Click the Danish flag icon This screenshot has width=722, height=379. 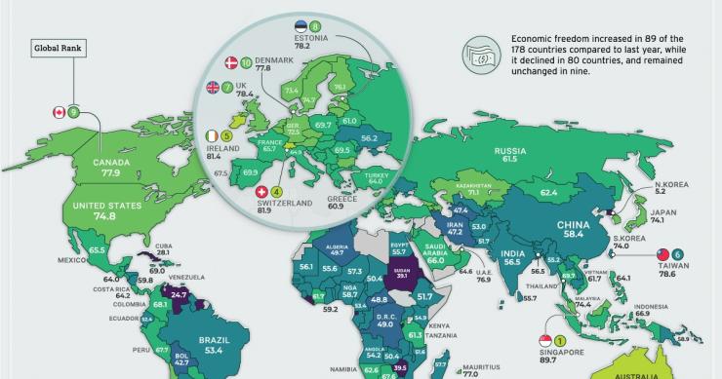tap(232, 63)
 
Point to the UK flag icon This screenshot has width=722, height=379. tap(214, 88)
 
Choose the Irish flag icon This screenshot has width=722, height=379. tap(213, 136)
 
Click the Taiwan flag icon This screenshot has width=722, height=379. tap(661, 250)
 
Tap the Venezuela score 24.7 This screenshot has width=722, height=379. tap(179, 293)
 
